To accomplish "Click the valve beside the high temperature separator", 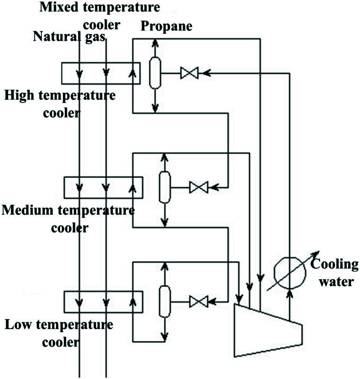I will (x=189, y=73).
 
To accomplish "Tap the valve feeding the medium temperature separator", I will (x=199, y=187).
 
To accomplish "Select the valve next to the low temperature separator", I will (x=199, y=301).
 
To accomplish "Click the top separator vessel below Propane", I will (x=155, y=73).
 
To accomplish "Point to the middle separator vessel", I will (x=164, y=187).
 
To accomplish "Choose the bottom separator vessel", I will (x=164, y=301).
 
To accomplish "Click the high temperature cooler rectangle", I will (x=100, y=72).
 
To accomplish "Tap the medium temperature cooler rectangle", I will (x=103, y=187).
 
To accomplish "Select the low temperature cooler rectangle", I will (x=103, y=301).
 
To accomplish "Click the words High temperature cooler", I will (x=60, y=104).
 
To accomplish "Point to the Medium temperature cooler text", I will (x=68, y=219).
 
